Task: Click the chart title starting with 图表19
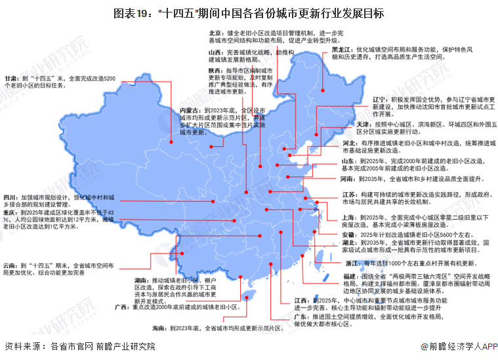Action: point(249,12)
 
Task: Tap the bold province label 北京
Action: point(215,31)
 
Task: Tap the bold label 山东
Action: point(348,160)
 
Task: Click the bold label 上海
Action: point(348,216)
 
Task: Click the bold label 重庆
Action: point(10,212)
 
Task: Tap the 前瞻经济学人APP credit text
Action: point(459,348)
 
